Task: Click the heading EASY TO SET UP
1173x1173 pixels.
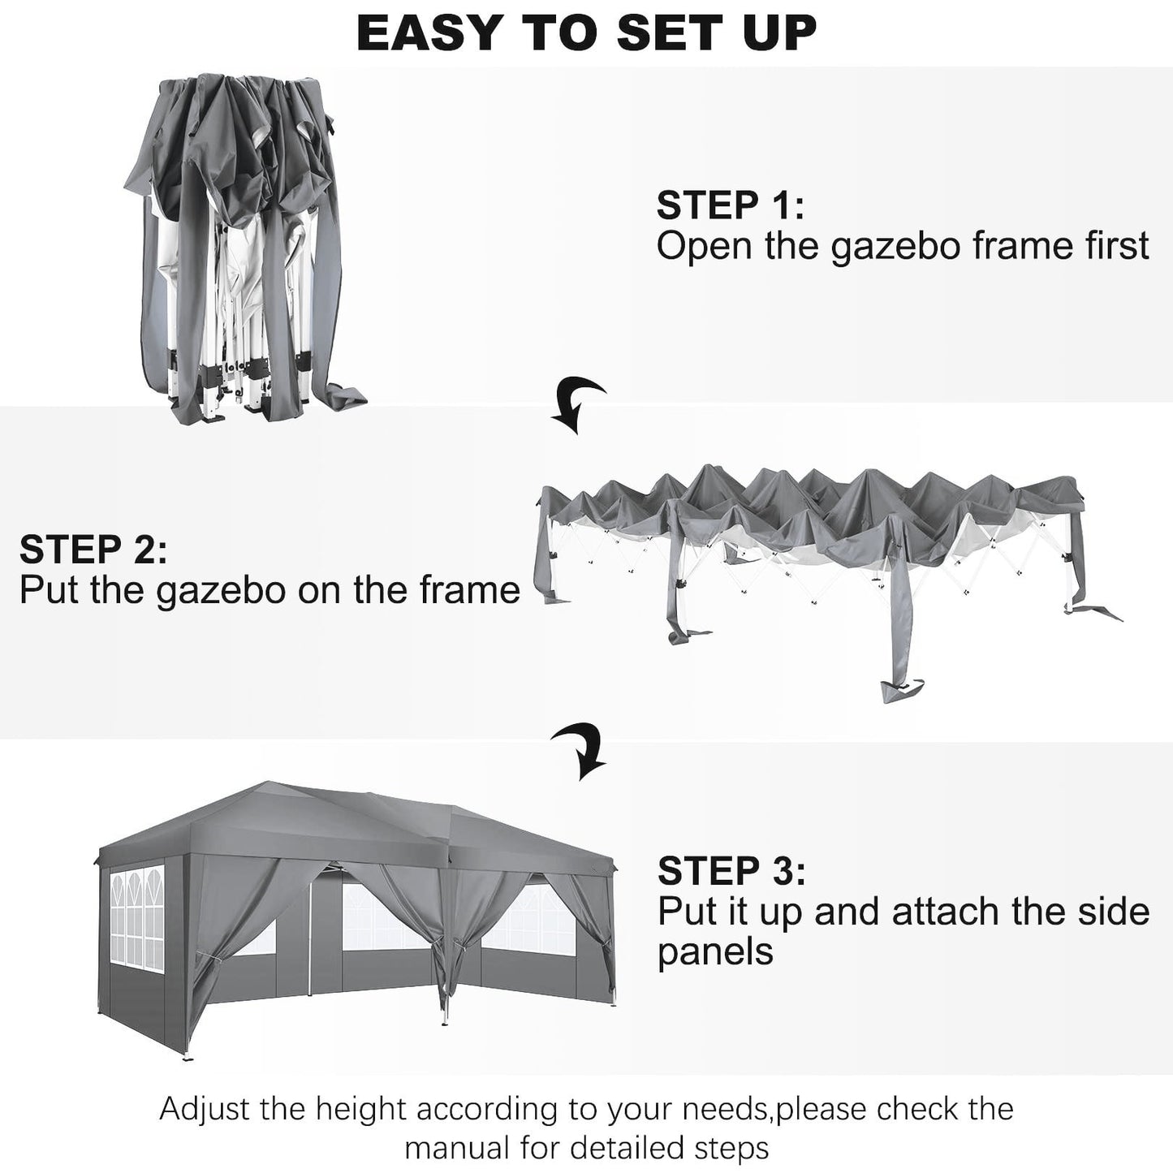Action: [586, 33]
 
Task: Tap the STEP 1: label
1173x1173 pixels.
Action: [730, 205]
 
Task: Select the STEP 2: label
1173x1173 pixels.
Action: [93, 550]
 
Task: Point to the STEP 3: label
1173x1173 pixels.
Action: [731, 871]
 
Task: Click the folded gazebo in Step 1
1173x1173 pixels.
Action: [244, 244]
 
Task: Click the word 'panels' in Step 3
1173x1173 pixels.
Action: [714, 951]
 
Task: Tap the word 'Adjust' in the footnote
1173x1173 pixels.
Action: [208, 1108]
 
